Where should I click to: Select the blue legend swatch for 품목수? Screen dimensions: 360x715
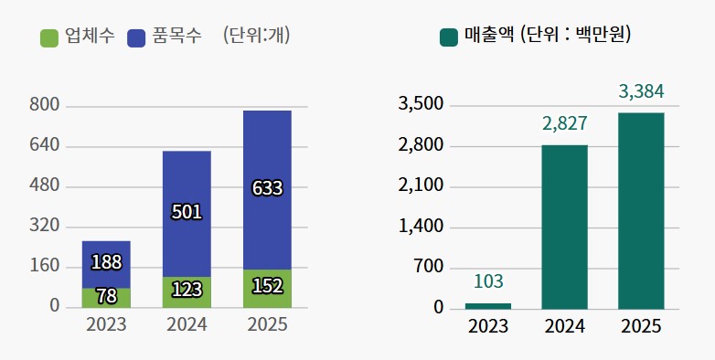(137, 37)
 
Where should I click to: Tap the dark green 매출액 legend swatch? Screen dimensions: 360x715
(449, 37)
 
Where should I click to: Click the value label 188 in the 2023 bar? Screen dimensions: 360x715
(106, 263)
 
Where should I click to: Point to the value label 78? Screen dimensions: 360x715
(106, 296)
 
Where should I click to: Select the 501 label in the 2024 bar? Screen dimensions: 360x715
(187, 212)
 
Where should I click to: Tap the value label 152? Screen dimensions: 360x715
(267, 287)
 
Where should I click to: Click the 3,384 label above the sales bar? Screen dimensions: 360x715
(641, 91)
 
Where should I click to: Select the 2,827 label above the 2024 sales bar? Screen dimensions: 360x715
(564, 123)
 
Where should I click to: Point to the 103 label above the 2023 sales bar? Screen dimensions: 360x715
(488, 281)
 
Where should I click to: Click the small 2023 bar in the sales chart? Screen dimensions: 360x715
(488, 305)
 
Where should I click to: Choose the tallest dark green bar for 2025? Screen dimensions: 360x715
(641, 210)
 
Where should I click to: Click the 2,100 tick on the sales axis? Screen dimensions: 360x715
(421, 185)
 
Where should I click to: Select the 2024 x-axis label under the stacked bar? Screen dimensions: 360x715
(187, 325)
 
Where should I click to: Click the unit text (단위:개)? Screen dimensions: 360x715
(262, 37)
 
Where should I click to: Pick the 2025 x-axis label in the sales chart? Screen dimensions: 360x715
(641, 326)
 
